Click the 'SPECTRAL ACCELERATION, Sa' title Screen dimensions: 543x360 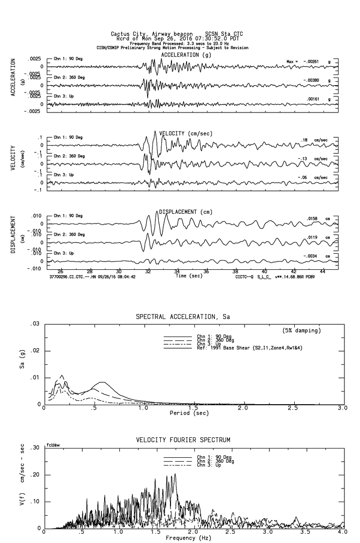click(x=183, y=317)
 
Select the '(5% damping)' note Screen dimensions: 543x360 click(x=302, y=330)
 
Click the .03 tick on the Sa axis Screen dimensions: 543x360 click(x=35, y=324)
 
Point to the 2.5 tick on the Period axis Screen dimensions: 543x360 click(x=294, y=408)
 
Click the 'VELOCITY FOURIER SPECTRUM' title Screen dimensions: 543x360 click(x=183, y=440)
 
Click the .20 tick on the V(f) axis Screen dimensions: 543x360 click(x=35, y=475)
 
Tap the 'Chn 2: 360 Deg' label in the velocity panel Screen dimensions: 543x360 click(x=69, y=156)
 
